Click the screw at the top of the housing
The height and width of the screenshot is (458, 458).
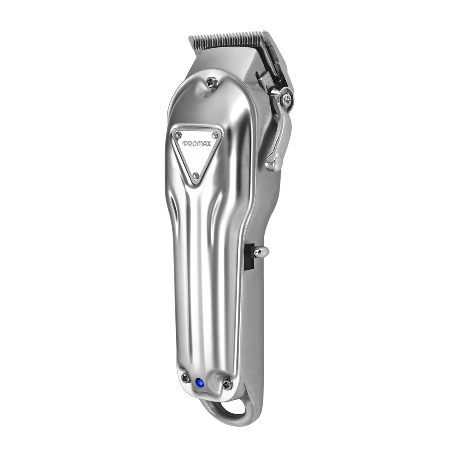(x=212, y=82)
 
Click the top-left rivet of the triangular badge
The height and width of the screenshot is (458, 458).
(x=178, y=135)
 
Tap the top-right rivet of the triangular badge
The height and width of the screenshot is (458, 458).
(x=215, y=135)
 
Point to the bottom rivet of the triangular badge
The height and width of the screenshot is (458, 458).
(x=196, y=175)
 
